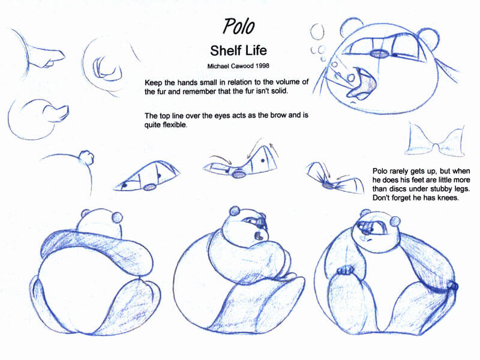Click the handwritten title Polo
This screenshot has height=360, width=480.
238,26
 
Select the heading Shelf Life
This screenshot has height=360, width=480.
238,50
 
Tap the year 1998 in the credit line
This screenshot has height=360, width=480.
262,66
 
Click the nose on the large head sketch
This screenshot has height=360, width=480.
380,53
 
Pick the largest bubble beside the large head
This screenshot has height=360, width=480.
317,32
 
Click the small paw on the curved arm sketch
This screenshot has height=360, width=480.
87,158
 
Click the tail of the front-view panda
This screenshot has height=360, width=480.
452,287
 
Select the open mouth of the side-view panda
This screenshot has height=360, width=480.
259,236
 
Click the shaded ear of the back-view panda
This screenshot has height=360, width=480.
117,217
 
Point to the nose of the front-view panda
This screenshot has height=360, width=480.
366,232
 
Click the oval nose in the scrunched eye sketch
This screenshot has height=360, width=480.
328,185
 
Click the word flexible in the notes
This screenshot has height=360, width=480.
175,125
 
